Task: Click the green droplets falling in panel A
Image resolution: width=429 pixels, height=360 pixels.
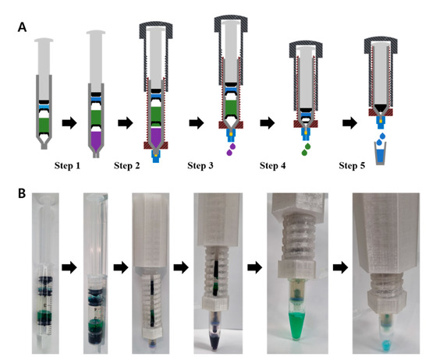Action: (307, 146)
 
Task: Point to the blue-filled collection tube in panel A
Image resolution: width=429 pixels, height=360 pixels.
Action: (380, 154)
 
